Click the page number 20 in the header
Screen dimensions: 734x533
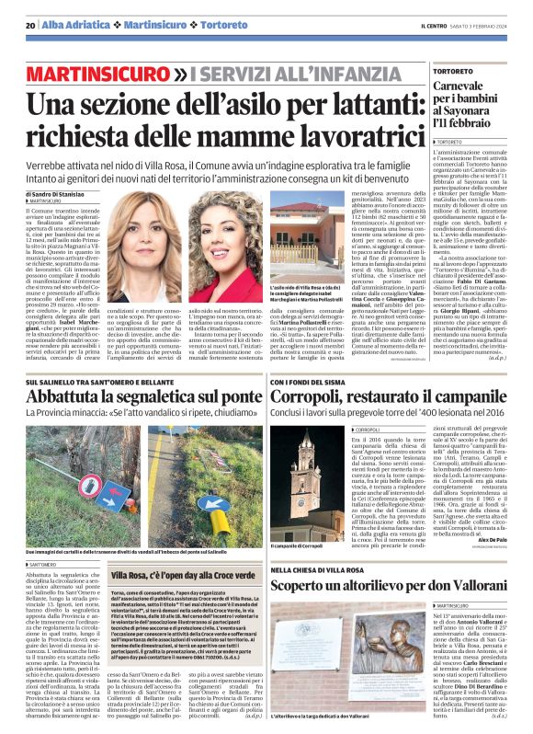(x=30, y=24)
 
